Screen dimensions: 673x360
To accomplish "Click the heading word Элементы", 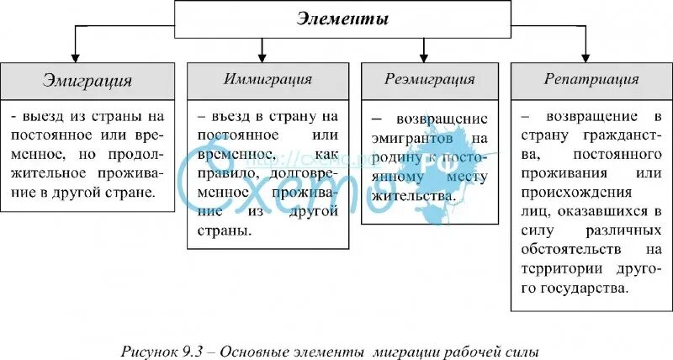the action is [343, 19].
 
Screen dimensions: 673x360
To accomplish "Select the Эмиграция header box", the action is [87, 82].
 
